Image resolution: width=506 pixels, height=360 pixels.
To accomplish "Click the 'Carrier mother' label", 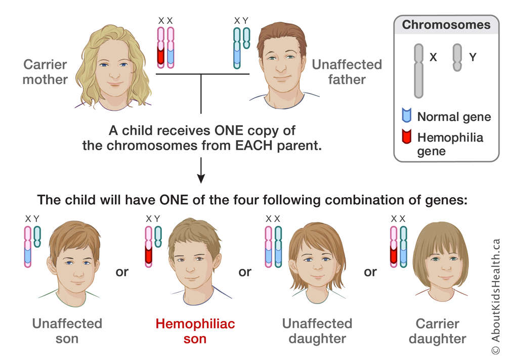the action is tap(45, 72).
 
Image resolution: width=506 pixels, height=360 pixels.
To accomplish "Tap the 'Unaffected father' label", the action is tap(347, 72).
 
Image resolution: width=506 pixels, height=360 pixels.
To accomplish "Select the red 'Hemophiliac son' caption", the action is tap(195, 331).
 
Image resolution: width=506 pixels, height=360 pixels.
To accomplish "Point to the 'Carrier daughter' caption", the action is tap(437, 331).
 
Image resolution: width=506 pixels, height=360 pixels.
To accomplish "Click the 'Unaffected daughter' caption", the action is tap(317, 331).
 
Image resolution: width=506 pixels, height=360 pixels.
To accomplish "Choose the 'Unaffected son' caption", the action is tap(67, 331).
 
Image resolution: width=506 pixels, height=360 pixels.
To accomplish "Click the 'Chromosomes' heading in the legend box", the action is tap(446, 25).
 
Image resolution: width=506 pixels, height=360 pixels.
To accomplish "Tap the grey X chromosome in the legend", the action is tap(418, 71).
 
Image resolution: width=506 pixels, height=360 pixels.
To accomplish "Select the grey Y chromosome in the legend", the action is tap(457, 58).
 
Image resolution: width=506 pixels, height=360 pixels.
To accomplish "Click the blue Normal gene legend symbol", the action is tap(407, 115).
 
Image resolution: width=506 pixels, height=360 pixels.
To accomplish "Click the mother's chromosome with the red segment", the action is tap(161, 48).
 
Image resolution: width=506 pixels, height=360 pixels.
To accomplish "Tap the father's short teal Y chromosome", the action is tap(246, 38).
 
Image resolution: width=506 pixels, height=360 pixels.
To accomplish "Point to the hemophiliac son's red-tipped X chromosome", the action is tap(148, 247).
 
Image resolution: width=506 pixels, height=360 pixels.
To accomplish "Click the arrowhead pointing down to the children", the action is tap(201, 178).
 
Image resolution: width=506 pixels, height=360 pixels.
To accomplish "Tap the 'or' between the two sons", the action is tap(122, 272).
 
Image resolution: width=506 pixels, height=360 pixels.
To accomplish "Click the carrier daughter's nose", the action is tap(445, 267).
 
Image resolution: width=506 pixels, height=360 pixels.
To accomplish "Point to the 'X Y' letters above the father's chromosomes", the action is tap(241, 21).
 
